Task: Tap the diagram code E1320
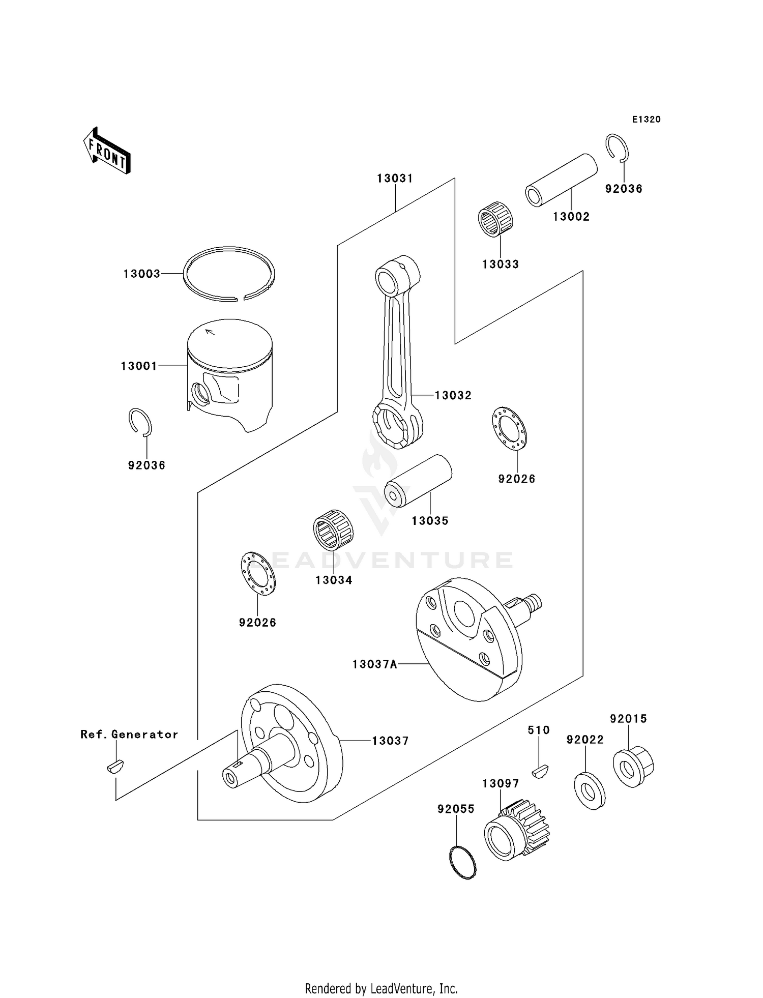point(646,120)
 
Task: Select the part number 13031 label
point(395,179)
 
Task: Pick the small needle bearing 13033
point(495,219)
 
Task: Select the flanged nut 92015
point(633,767)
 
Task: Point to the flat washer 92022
point(590,790)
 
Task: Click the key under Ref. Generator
point(115,766)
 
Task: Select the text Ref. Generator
point(129,735)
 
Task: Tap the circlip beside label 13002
point(618,148)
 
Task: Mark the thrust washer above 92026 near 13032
point(509,428)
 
